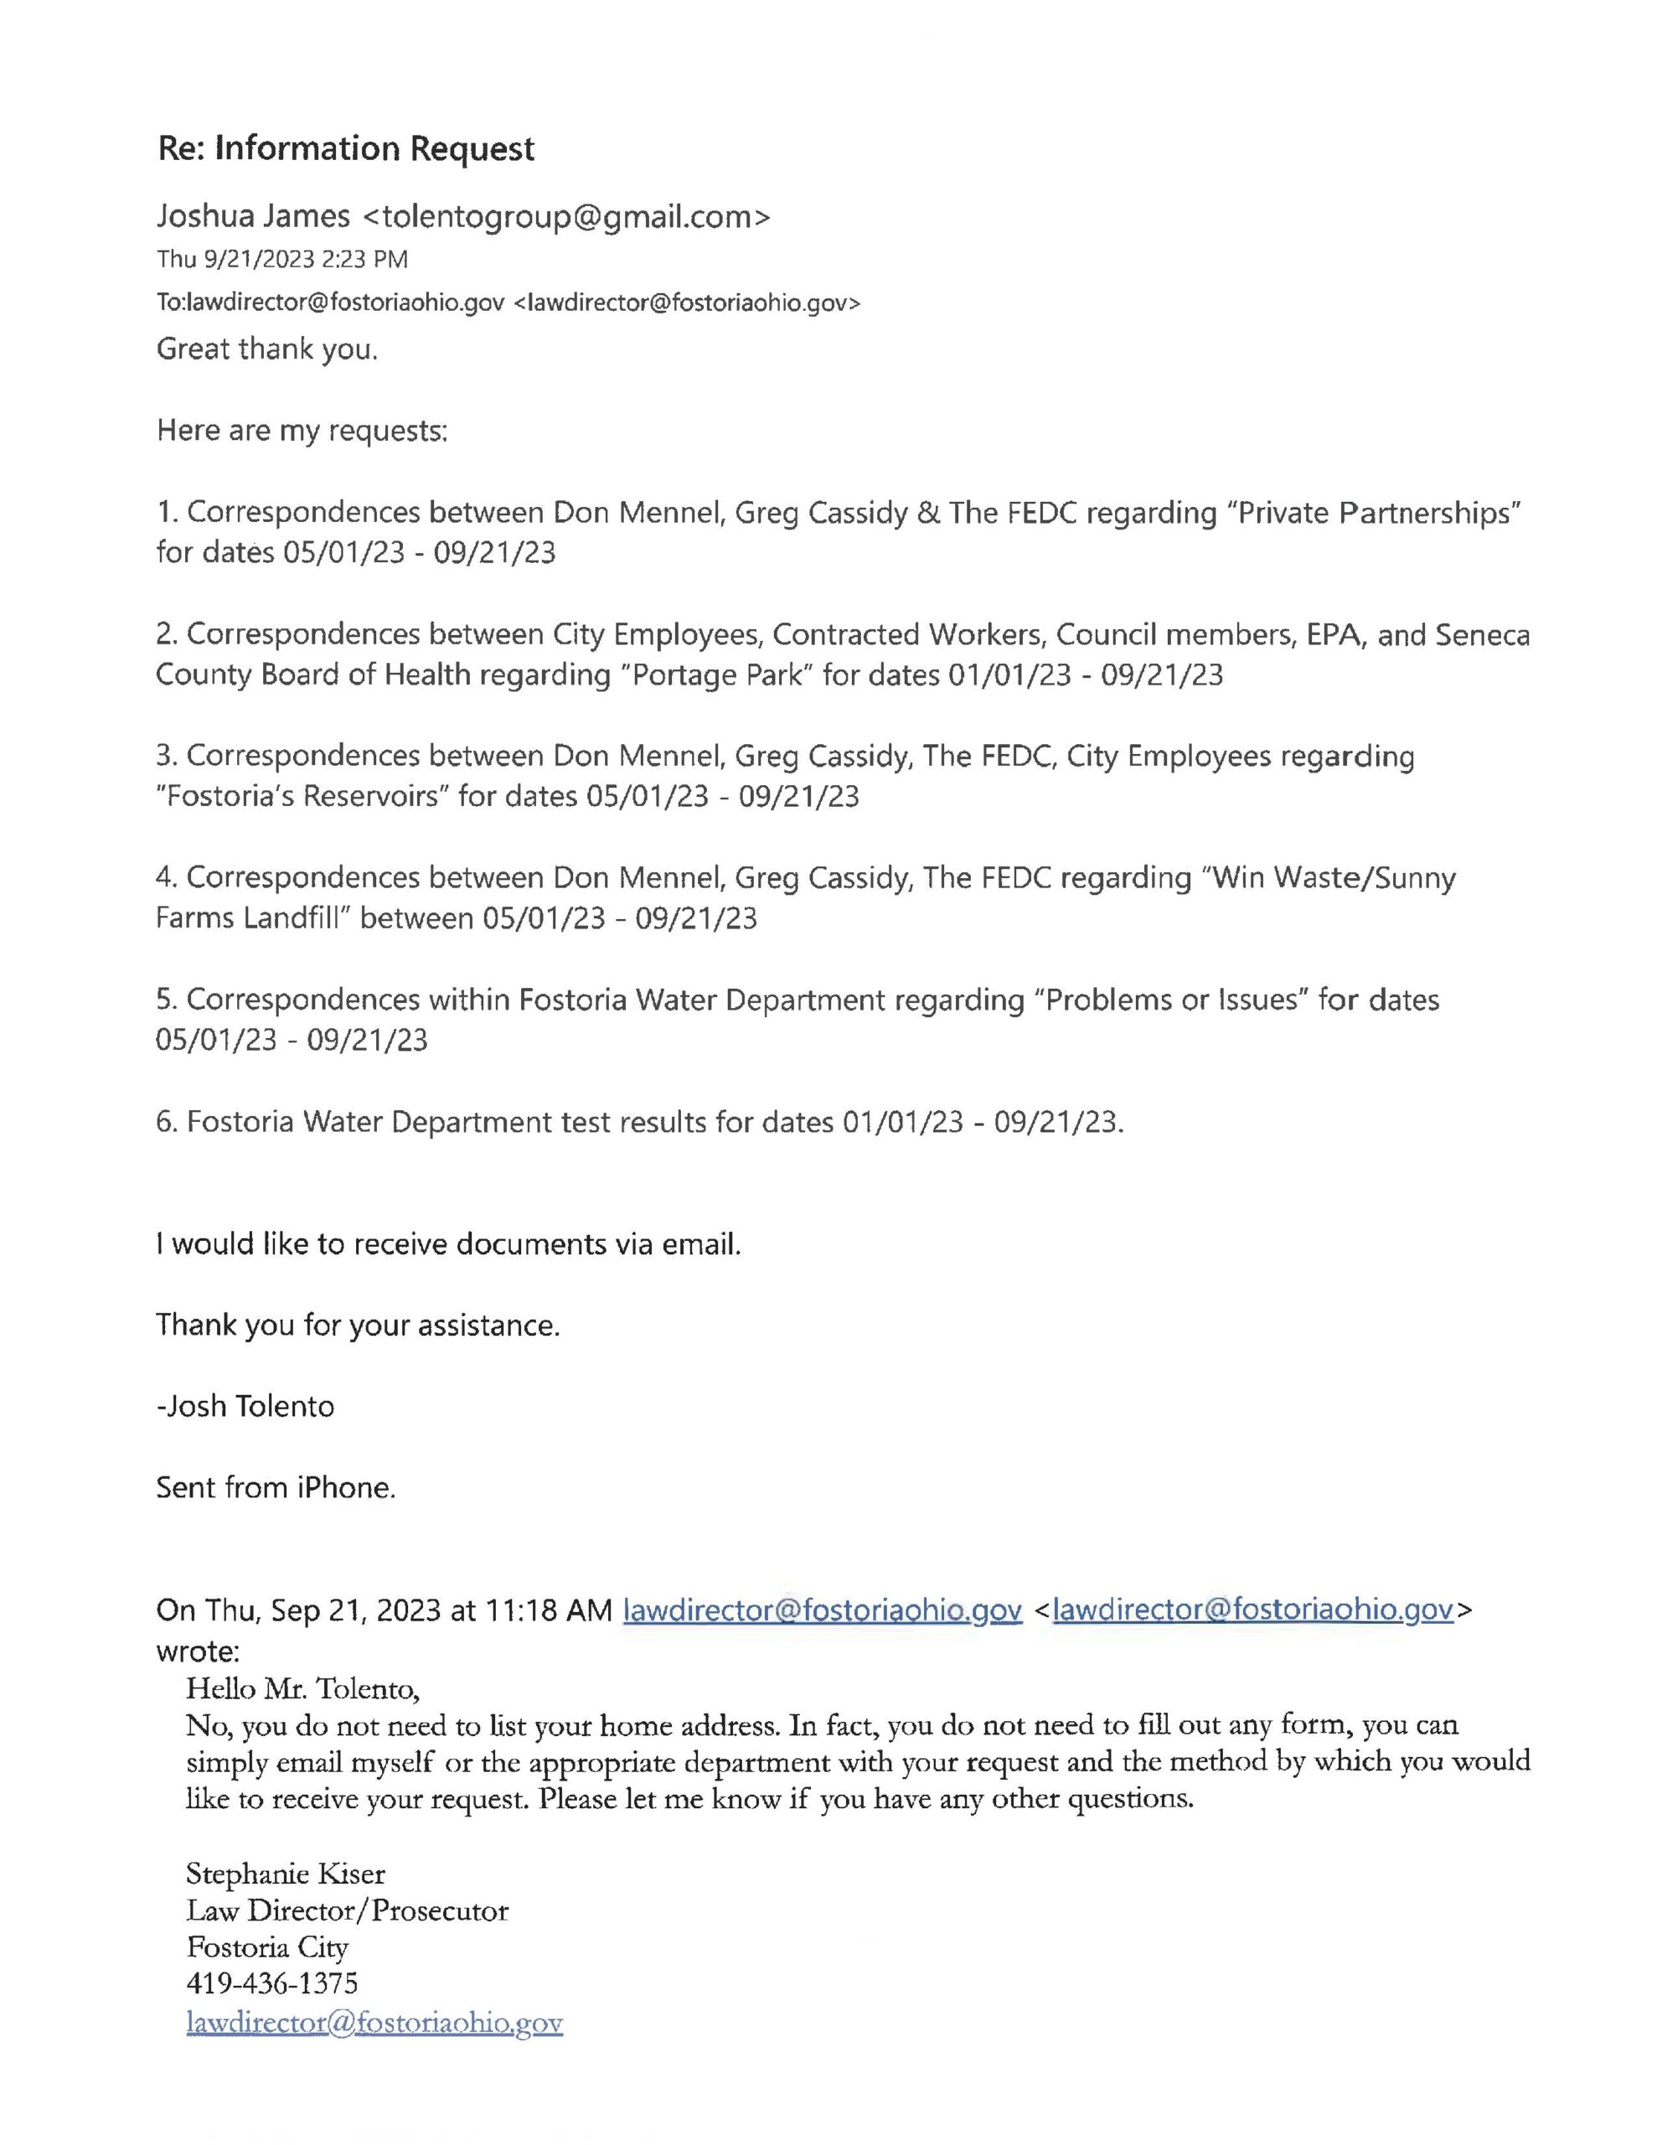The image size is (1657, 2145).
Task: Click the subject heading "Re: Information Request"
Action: (346, 148)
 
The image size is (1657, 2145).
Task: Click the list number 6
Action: (165, 1122)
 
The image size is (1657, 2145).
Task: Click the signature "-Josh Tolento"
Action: (245, 1407)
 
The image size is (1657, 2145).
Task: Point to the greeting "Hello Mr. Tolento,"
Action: (302, 1689)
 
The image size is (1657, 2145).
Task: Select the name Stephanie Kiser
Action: (286, 1874)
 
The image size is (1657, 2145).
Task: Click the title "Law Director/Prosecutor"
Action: (347, 1911)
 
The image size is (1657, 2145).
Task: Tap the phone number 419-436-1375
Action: (272, 1984)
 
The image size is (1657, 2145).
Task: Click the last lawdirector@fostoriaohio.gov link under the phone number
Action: (374, 2024)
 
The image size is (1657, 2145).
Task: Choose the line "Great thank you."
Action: (266, 349)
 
